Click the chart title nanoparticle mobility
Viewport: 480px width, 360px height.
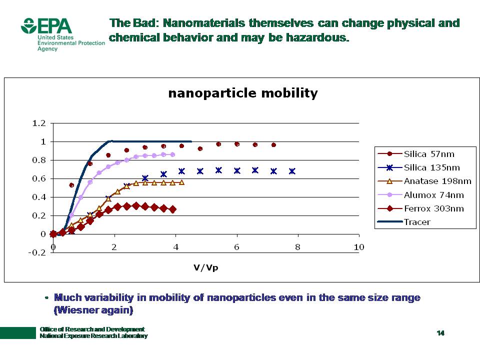click(x=242, y=93)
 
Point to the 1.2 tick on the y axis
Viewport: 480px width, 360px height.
click(x=39, y=123)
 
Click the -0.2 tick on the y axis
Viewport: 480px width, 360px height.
click(x=38, y=252)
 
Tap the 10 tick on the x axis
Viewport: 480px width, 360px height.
click(x=358, y=247)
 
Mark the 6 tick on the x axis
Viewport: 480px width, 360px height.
click(x=236, y=247)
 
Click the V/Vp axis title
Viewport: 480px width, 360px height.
click(x=206, y=267)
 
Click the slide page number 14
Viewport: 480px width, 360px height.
click(x=440, y=333)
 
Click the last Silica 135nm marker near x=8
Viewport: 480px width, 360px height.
click(x=292, y=171)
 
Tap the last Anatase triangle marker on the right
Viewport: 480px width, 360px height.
click(x=181, y=182)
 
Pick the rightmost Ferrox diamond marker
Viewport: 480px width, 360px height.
click(x=172, y=209)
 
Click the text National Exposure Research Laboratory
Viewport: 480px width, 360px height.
click(x=93, y=336)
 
